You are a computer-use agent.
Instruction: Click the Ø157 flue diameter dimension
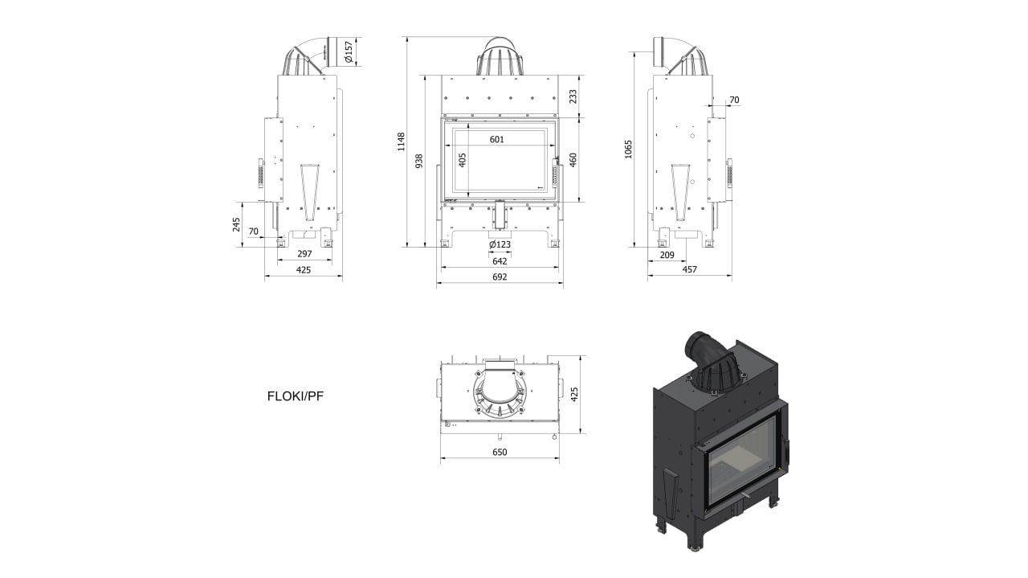point(349,51)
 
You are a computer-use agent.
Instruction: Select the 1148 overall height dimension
point(401,141)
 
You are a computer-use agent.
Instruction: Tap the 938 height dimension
point(418,162)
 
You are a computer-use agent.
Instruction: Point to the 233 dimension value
point(573,96)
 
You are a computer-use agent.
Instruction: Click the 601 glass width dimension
point(496,139)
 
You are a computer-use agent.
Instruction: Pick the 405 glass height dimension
point(462,160)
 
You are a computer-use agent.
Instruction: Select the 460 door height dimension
point(573,160)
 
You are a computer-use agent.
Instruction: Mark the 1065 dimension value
point(628,149)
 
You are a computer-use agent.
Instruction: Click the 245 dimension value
point(237,224)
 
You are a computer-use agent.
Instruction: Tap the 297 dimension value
point(304,254)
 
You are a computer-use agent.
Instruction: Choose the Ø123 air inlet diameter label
point(500,244)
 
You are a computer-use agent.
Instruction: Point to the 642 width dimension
point(500,261)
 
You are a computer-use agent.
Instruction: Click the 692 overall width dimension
point(500,277)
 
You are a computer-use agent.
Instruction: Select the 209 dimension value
point(667,255)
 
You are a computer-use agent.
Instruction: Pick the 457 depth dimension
point(689,269)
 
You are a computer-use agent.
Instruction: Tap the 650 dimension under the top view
point(500,453)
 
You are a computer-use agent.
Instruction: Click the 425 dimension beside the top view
point(573,395)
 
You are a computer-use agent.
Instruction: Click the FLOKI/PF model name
point(296,396)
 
